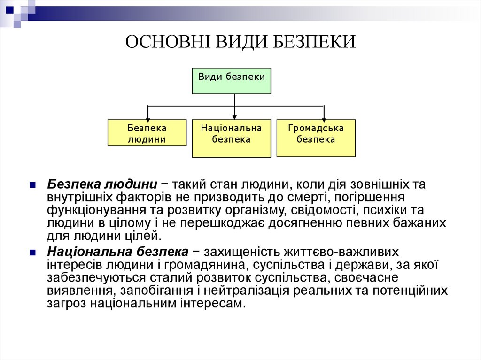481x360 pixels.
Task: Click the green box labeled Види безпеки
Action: [x=232, y=81]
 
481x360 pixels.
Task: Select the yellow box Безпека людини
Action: [x=147, y=133]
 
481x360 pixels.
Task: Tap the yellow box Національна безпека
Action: [x=231, y=138]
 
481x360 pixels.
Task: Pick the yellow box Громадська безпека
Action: [x=316, y=138]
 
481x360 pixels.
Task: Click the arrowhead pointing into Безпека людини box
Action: [x=147, y=117]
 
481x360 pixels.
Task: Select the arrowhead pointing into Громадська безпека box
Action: [x=324, y=117]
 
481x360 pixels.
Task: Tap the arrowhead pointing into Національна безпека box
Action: [x=234, y=117]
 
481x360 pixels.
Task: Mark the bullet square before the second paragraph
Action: [x=32, y=253]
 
